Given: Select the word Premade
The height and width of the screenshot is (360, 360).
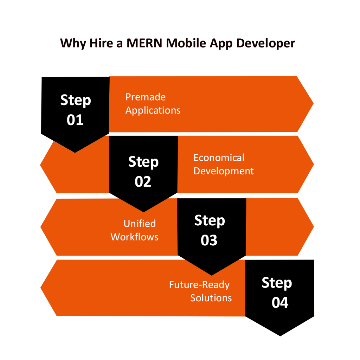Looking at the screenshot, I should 146,97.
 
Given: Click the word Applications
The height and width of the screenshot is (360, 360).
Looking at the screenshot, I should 153,110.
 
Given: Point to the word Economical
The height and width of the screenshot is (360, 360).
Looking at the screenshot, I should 219,157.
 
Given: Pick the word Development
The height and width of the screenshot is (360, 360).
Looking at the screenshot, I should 224,171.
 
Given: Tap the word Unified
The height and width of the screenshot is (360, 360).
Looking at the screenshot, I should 140,224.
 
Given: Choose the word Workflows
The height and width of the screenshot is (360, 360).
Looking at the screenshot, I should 135,237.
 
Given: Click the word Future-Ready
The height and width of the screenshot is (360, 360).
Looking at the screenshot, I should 199,284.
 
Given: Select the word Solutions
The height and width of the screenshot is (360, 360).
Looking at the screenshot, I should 211,298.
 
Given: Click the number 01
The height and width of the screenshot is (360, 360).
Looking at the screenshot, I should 75,120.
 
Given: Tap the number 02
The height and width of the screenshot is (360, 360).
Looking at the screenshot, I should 143,182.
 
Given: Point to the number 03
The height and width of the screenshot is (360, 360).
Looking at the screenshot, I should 209,240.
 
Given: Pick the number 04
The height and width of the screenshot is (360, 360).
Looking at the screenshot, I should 280,303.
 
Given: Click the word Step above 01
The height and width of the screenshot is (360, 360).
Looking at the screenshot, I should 76,101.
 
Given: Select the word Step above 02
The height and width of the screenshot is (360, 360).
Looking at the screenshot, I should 143,162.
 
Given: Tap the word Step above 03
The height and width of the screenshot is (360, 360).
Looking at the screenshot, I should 210,221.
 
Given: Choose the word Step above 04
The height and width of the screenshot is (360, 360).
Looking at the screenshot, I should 277,283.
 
